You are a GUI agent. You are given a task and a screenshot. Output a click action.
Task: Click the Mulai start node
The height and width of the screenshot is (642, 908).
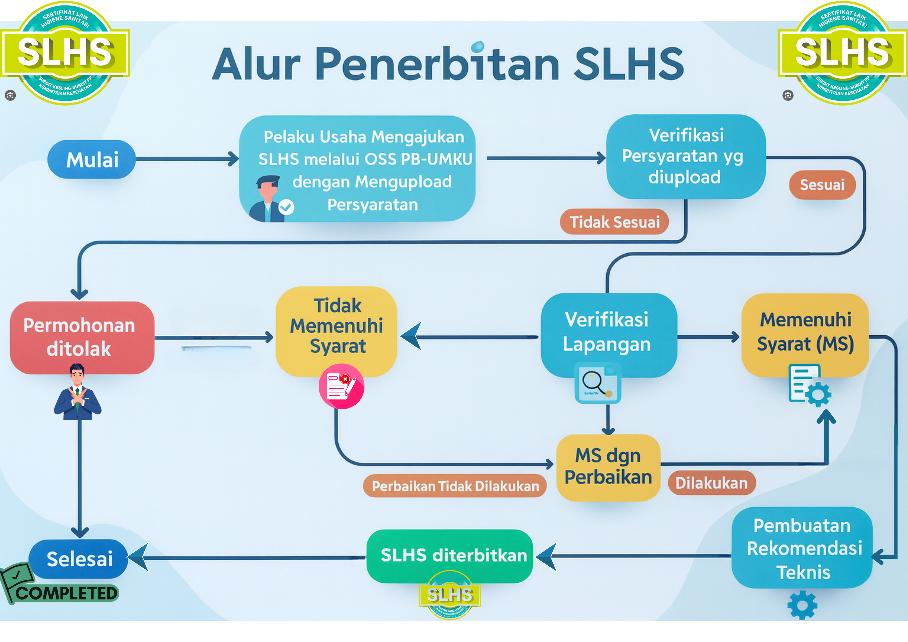92,160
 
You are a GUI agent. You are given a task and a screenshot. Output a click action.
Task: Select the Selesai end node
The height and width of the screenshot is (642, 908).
79,558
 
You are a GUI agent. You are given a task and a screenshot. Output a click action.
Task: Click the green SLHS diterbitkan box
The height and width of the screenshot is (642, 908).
450,555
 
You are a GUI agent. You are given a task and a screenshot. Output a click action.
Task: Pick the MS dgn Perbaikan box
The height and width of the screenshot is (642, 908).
608,467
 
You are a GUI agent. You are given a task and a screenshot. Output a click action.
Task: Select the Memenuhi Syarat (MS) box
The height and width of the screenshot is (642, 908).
805,332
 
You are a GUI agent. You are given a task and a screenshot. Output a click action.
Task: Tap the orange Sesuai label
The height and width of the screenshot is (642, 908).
822,185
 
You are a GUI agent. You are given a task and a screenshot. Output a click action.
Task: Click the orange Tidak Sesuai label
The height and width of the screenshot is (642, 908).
614,222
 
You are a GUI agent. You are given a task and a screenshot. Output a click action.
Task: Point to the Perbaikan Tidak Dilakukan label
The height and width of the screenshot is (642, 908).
455,486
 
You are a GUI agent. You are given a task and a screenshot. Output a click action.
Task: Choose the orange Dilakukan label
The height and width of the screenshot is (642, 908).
712,483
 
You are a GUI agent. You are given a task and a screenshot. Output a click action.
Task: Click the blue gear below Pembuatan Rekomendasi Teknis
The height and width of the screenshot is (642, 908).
802,605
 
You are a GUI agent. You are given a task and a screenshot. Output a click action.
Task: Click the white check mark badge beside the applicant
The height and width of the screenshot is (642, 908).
286,207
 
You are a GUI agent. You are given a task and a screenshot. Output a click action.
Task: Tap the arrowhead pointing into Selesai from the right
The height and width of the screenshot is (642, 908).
138,557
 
